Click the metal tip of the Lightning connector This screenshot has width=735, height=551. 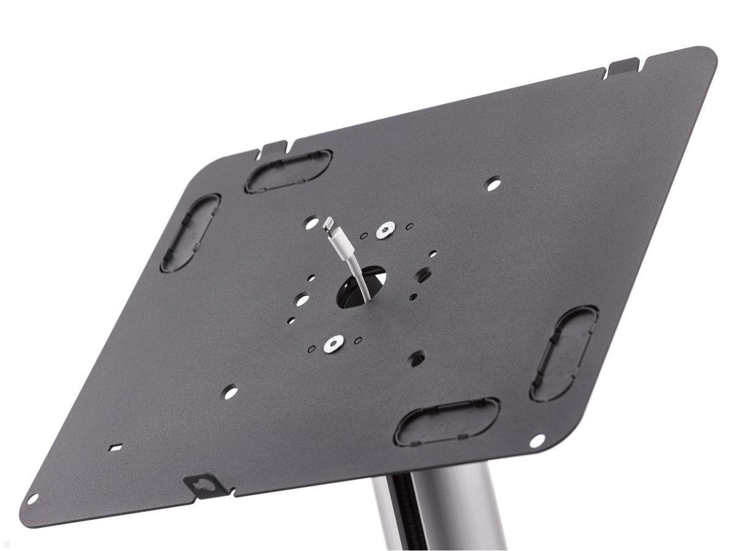click(x=329, y=223)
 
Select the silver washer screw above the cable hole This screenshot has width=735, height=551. click(x=385, y=230)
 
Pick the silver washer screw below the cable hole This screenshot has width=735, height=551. click(x=333, y=344)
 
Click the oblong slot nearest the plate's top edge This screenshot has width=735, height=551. click(x=288, y=171)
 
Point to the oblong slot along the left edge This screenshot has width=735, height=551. click(x=190, y=233)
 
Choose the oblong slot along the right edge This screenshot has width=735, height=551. click(x=564, y=353)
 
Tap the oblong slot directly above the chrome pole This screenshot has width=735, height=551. click(x=447, y=422)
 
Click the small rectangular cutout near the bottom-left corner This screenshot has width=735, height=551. click(x=115, y=447)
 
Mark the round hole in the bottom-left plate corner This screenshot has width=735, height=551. click(x=32, y=499)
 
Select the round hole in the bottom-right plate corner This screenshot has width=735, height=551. click(x=537, y=440)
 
